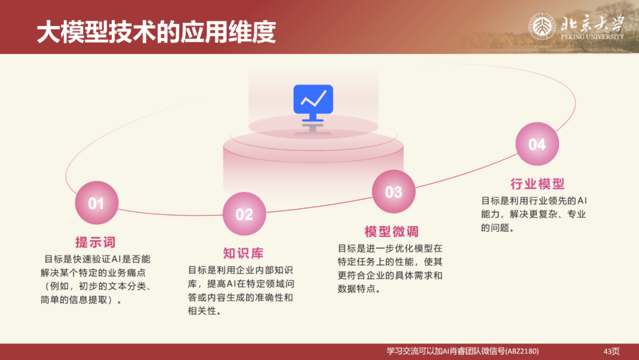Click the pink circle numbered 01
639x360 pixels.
pyautogui.click(x=96, y=204)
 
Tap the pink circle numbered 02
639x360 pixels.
pyautogui.click(x=244, y=214)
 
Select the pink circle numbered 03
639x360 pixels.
pyautogui.click(x=393, y=192)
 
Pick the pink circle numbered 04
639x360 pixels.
pyautogui.click(x=537, y=144)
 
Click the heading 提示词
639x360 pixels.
pyautogui.click(x=95, y=242)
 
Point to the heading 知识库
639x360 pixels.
pyautogui.click(x=243, y=253)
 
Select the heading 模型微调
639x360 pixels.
pyautogui.click(x=391, y=232)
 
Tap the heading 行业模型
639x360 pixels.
pyautogui.click(x=537, y=184)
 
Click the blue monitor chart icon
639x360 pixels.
pyautogui.click(x=313, y=102)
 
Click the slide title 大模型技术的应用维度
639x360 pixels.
pyautogui.click(x=156, y=33)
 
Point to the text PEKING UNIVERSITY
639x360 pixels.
pyautogui.click(x=592, y=37)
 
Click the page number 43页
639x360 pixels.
pyautogui.click(x=611, y=351)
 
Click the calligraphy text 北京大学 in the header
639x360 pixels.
pyautogui.click(x=592, y=22)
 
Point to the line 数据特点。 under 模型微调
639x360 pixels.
pyautogui.click(x=359, y=289)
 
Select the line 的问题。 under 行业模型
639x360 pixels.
pyautogui.click(x=497, y=227)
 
